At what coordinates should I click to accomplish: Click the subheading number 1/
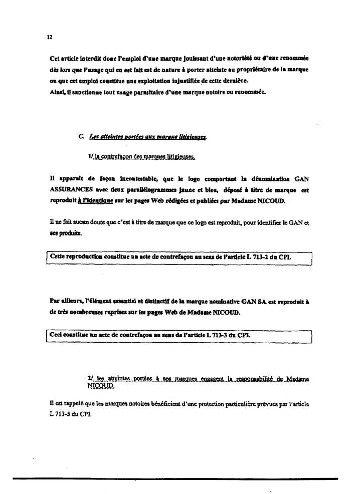coord(90,157)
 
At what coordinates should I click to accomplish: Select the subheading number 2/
coord(90,378)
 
